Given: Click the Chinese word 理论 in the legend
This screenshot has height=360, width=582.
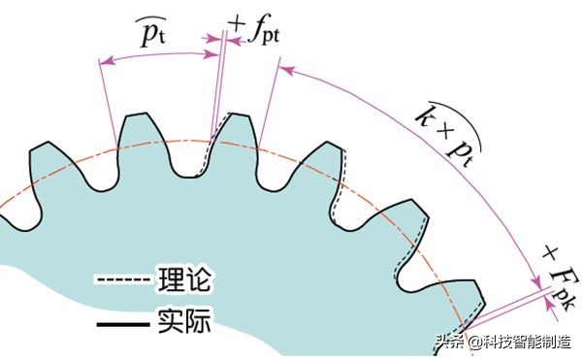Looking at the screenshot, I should (x=183, y=281).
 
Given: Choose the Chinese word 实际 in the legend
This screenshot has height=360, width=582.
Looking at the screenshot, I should (x=183, y=318).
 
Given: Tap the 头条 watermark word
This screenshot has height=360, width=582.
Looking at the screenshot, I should (x=448, y=341).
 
